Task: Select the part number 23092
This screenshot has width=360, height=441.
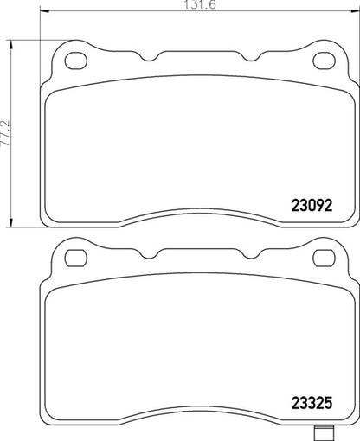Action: tap(309, 207)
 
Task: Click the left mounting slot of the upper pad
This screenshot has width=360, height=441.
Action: tap(77, 61)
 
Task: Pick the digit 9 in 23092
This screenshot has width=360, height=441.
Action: tap(316, 207)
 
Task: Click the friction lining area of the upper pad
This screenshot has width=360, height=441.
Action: tap(173, 147)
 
